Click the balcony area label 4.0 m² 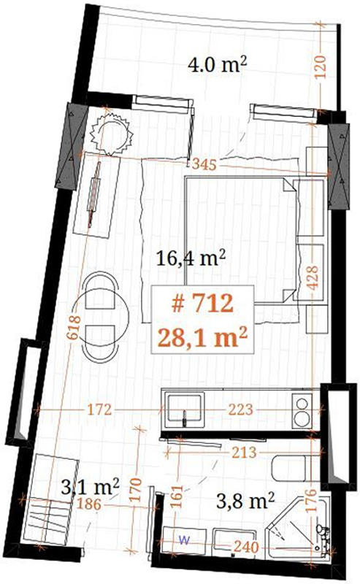[218, 65]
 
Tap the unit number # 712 [202, 303]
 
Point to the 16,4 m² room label [191, 258]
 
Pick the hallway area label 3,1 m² [91, 486]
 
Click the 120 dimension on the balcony [320, 67]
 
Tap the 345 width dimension [204, 164]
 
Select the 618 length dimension [74, 327]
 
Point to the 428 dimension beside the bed [313, 278]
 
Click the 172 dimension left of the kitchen [99, 410]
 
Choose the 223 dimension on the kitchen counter [241, 410]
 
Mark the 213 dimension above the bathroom [244, 453]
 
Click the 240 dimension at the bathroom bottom [246, 547]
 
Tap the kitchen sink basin [185, 410]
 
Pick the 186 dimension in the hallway [90, 504]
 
